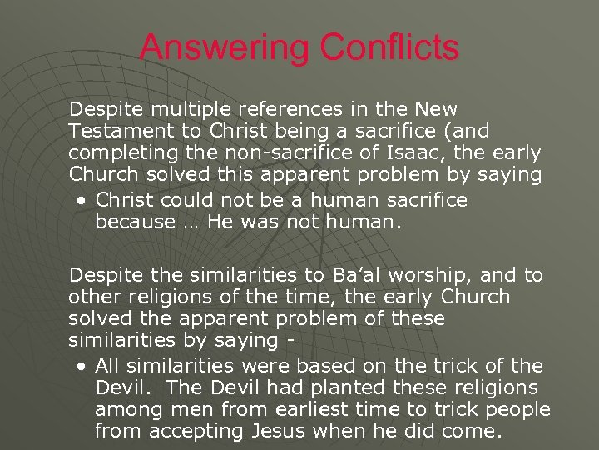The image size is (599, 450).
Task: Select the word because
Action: point(134,222)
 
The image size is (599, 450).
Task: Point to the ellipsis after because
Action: point(191,223)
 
